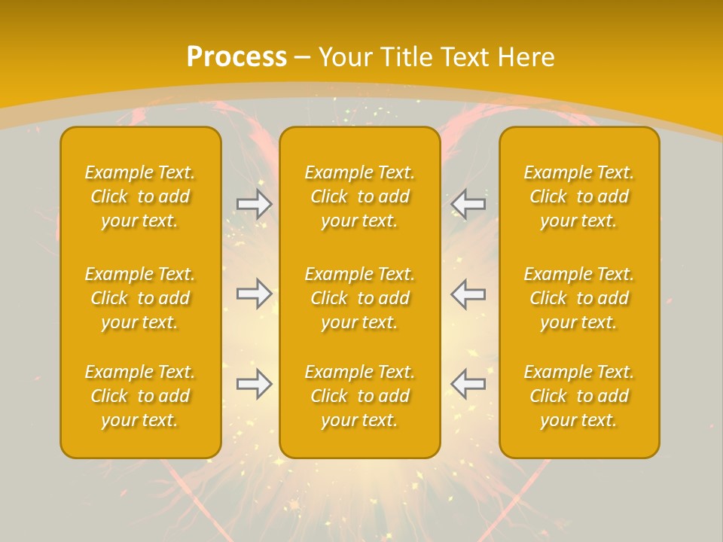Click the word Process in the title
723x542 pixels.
click(x=236, y=57)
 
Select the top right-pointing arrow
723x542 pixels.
click(x=255, y=204)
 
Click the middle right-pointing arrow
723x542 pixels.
click(x=255, y=294)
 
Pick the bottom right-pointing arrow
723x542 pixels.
click(x=255, y=384)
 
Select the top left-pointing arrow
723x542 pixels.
click(x=468, y=204)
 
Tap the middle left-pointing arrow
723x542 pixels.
click(x=468, y=294)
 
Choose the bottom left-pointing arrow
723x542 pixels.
click(x=468, y=384)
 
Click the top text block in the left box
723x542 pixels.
click(x=140, y=196)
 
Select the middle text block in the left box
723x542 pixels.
click(x=140, y=298)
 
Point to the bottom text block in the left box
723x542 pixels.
click(x=140, y=396)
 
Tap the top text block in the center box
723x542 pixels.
click(x=360, y=196)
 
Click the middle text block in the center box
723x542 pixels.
click(x=360, y=298)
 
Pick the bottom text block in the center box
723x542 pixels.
click(x=360, y=396)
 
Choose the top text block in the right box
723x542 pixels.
click(x=579, y=196)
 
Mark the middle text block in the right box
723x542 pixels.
click(x=579, y=298)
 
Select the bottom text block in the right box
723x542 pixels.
click(x=579, y=396)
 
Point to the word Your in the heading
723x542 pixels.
click(x=346, y=57)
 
